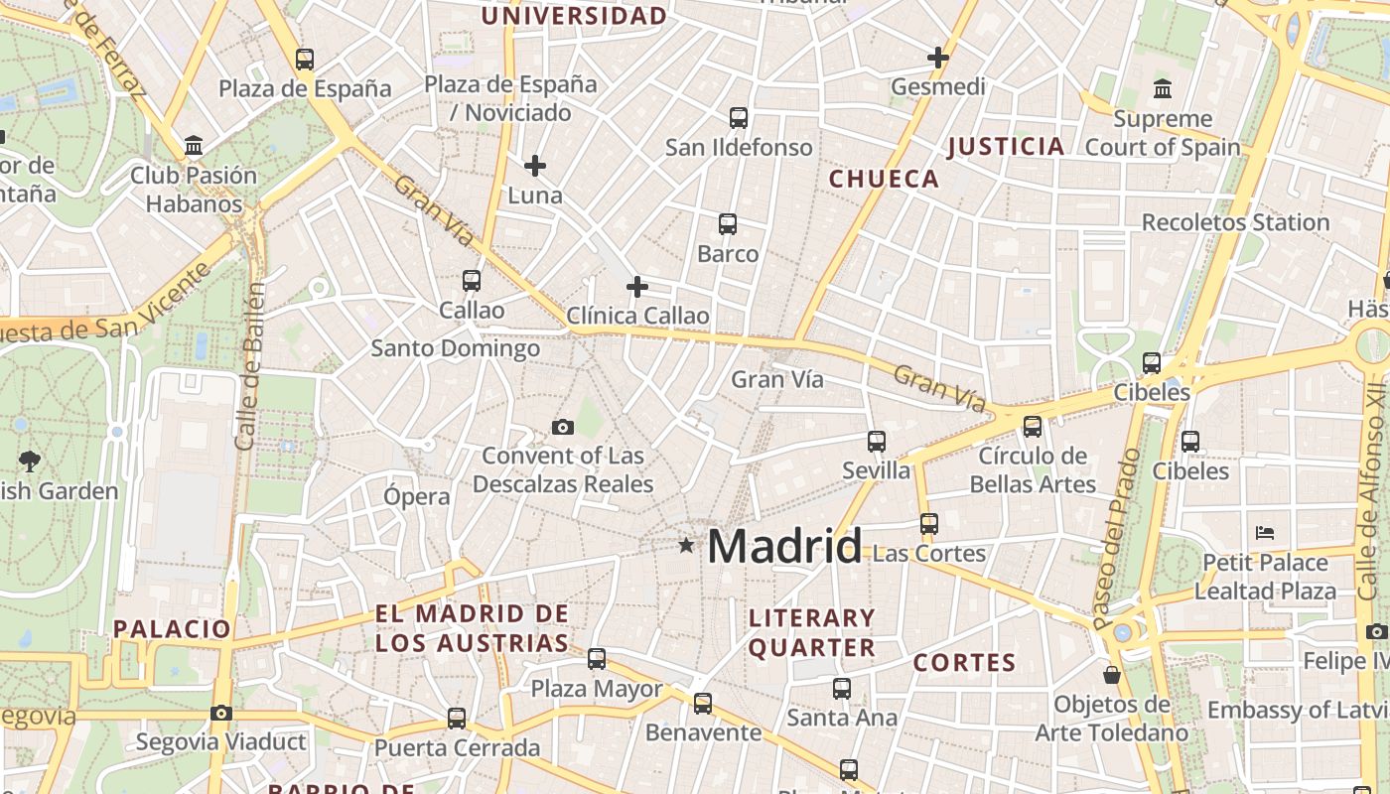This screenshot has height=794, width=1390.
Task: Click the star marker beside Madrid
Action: click(x=686, y=545)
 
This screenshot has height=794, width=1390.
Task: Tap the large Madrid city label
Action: click(x=784, y=547)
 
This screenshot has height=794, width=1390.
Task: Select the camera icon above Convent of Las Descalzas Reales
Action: click(x=563, y=428)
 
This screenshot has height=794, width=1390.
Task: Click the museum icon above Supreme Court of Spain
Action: click(x=1163, y=89)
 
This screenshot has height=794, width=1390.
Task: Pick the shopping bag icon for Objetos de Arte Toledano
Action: click(x=1112, y=675)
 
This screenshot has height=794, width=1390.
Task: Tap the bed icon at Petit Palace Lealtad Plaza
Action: click(x=1265, y=533)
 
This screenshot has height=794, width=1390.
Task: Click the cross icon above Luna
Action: click(x=535, y=166)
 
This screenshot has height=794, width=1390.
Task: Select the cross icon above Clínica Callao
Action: click(x=637, y=288)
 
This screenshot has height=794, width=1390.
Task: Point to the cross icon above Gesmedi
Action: click(x=937, y=58)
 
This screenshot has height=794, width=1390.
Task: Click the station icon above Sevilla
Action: click(x=876, y=441)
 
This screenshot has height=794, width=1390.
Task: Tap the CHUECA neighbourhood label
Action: click(x=884, y=179)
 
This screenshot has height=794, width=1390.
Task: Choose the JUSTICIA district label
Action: click(x=1006, y=147)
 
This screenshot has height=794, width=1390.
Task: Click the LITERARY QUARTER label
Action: click(x=812, y=633)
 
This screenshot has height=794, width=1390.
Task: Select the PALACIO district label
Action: click(x=172, y=628)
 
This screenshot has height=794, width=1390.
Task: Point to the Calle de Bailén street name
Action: click(x=250, y=365)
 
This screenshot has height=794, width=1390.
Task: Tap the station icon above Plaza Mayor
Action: click(x=597, y=658)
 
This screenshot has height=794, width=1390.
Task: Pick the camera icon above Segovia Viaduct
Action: click(x=221, y=713)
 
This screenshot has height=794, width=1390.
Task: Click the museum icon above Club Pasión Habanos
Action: click(x=194, y=147)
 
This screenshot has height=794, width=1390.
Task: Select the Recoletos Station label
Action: click(x=1235, y=222)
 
